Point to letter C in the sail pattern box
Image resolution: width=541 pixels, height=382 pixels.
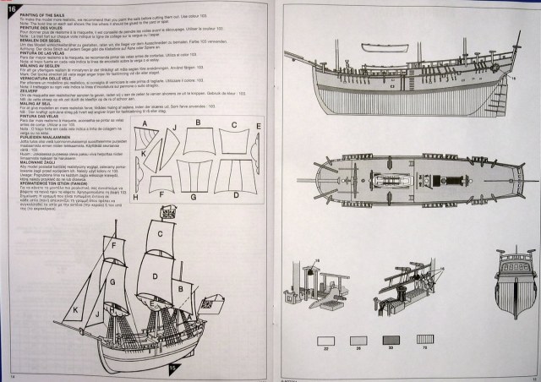tap(234, 125)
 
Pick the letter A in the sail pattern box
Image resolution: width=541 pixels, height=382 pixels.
tap(145, 124)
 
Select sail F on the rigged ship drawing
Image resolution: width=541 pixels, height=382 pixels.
tap(112, 245)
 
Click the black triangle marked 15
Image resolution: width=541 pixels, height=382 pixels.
tap(173, 368)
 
